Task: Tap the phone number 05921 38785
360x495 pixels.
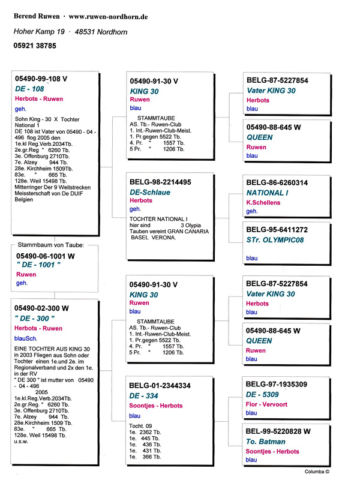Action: pyautogui.click(x=35, y=46)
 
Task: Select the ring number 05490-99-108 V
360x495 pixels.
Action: pyautogui.click(x=41, y=79)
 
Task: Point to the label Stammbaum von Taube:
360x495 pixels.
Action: pyautogui.click(x=53, y=245)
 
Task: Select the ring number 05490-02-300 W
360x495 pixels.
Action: pyautogui.click(x=41, y=308)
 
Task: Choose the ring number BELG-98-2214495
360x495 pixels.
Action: pyautogui.click(x=160, y=181)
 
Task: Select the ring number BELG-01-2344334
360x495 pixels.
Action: pyautogui.click(x=160, y=386)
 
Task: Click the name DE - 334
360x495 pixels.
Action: pyautogui.click(x=144, y=396)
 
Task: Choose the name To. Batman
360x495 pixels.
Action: pyautogui.click(x=266, y=442)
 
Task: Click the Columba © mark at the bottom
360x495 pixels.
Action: pyautogui.click(x=317, y=472)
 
